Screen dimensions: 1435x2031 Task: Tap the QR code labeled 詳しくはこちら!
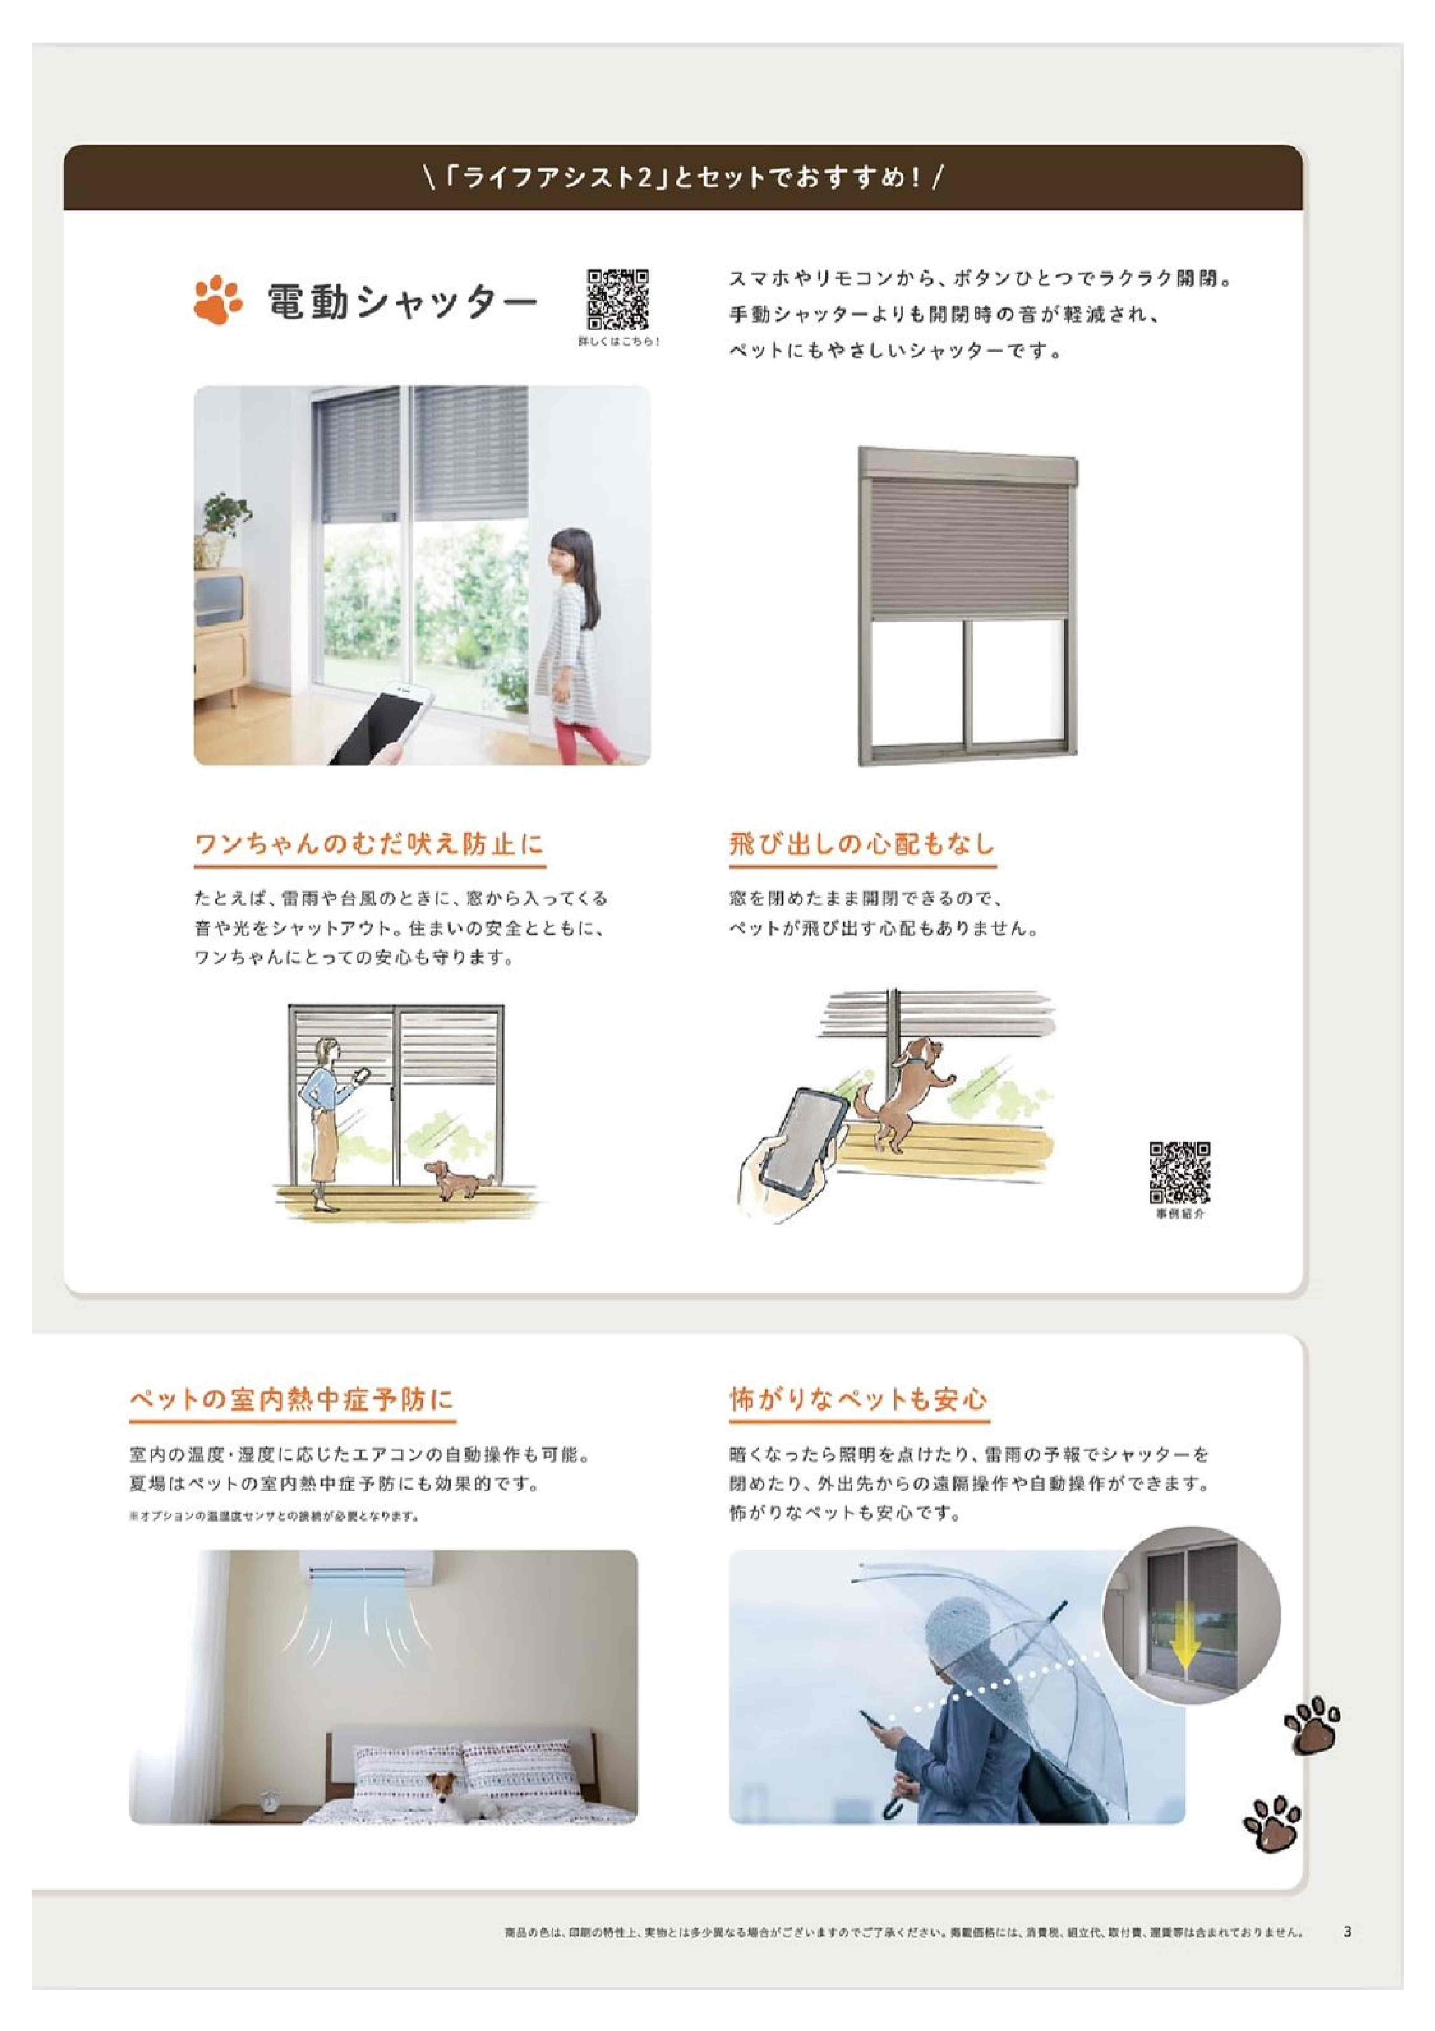[x=618, y=299]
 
